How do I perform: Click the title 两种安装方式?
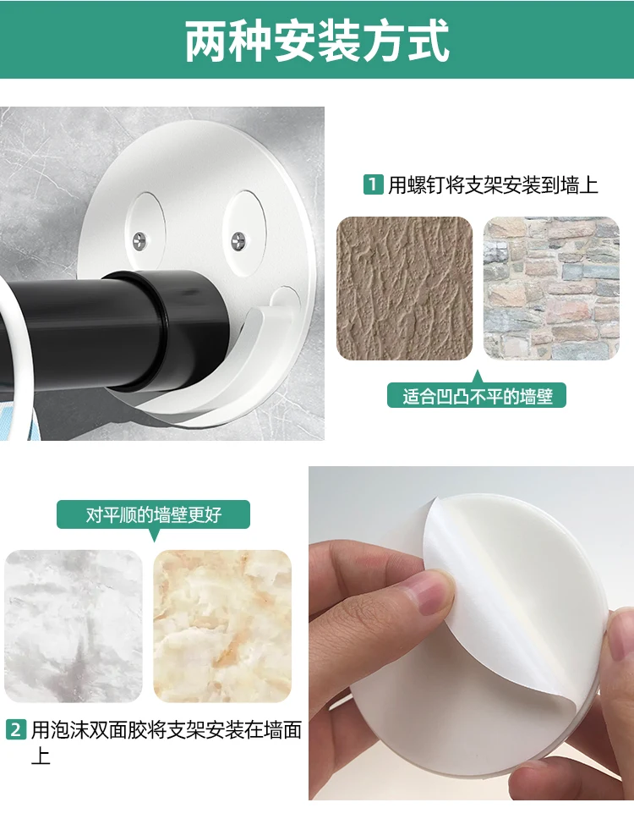click(317, 40)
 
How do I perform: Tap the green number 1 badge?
click(373, 184)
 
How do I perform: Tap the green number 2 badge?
click(16, 729)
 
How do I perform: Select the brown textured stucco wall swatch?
click(404, 289)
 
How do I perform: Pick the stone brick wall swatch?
click(551, 289)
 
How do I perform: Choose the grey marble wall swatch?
click(74, 625)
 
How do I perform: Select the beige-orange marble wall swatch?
click(222, 625)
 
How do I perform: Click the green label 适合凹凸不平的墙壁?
click(477, 395)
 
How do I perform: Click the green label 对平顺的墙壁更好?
click(153, 514)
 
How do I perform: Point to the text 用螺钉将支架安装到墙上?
click(493, 185)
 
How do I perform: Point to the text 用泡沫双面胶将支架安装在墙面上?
click(166, 740)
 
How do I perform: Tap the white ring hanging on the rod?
click(17, 355)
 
